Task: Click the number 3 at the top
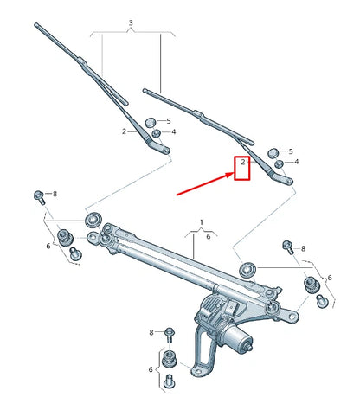[130, 22]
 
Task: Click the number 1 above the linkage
[202, 223]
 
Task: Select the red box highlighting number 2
[241, 167]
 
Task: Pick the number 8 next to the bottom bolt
[151, 332]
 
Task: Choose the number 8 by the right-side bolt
[302, 249]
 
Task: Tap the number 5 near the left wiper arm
[169, 121]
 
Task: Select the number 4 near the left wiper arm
[173, 132]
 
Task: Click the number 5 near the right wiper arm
[290, 151]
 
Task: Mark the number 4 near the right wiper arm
[297, 162]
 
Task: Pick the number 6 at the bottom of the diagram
[149, 369]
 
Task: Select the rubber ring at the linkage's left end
[93, 215]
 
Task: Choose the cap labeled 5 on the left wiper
[151, 121]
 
